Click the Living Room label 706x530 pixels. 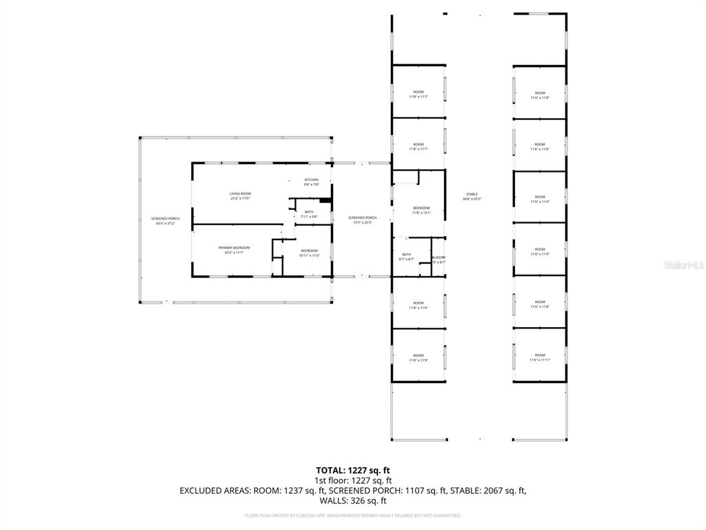(x=240, y=195)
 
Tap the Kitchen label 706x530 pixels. (x=312, y=181)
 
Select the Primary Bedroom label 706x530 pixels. (x=234, y=250)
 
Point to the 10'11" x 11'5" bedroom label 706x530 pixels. (x=309, y=253)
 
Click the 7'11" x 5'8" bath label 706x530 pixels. (x=309, y=214)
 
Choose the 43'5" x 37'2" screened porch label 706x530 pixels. (x=165, y=221)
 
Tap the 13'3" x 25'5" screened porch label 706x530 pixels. (x=362, y=219)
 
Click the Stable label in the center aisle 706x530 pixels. (x=472, y=197)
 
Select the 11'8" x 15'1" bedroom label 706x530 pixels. (x=421, y=210)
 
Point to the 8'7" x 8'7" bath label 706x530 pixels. (x=407, y=257)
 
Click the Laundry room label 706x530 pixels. (x=438, y=259)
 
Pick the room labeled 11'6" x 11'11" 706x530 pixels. (x=540, y=357)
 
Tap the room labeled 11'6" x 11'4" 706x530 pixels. (x=540, y=199)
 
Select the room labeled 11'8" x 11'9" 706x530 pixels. (x=418, y=357)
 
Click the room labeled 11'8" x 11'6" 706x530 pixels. (x=418, y=305)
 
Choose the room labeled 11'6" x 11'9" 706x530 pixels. (x=540, y=251)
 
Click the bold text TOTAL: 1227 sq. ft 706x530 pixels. (x=353, y=470)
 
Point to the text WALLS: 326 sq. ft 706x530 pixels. (x=353, y=500)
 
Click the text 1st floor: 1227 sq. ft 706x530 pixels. (x=353, y=480)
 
